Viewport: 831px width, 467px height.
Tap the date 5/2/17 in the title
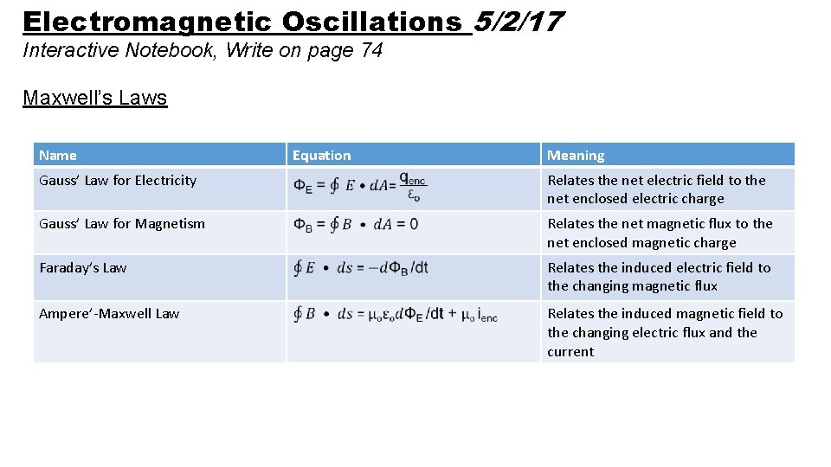(519, 22)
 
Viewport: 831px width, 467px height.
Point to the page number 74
(371, 50)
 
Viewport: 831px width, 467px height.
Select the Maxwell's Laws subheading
(94, 98)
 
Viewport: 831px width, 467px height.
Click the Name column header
(58, 156)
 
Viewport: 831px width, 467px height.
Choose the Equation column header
(321, 156)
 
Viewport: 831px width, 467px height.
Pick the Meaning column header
(576, 156)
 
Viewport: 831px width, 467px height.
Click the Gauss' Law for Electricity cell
(118, 181)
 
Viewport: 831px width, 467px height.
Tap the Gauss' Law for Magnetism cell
(122, 224)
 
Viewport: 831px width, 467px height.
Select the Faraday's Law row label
(83, 268)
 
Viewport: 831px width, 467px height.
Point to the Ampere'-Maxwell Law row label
(109, 314)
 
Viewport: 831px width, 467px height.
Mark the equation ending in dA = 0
(356, 225)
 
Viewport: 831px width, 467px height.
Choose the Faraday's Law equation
(361, 268)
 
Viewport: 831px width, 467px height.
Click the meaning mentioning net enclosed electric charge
(656, 189)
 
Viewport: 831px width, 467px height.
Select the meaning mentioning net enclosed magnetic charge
(660, 233)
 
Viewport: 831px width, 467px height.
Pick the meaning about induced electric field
(659, 277)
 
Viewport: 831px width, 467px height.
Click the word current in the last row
(570, 352)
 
